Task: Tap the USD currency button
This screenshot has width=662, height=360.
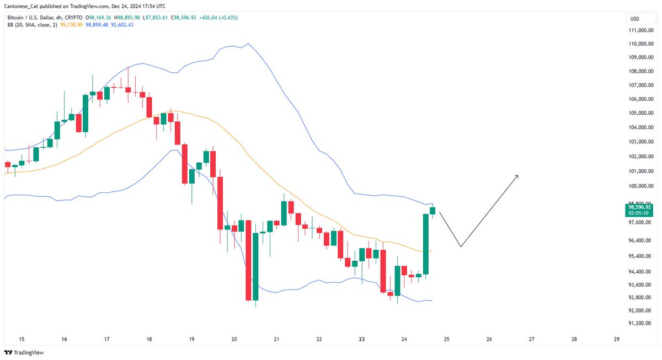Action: coord(634,19)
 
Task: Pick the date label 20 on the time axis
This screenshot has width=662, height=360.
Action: coord(234,340)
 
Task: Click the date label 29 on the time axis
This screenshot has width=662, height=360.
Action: coord(616,340)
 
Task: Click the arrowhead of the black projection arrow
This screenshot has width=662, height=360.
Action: coord(517,176)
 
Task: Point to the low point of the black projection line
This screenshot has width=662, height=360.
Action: coord(460,246)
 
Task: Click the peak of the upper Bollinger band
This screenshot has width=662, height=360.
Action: coord(249,44)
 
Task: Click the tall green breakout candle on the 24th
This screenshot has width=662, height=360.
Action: coord(426,243)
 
